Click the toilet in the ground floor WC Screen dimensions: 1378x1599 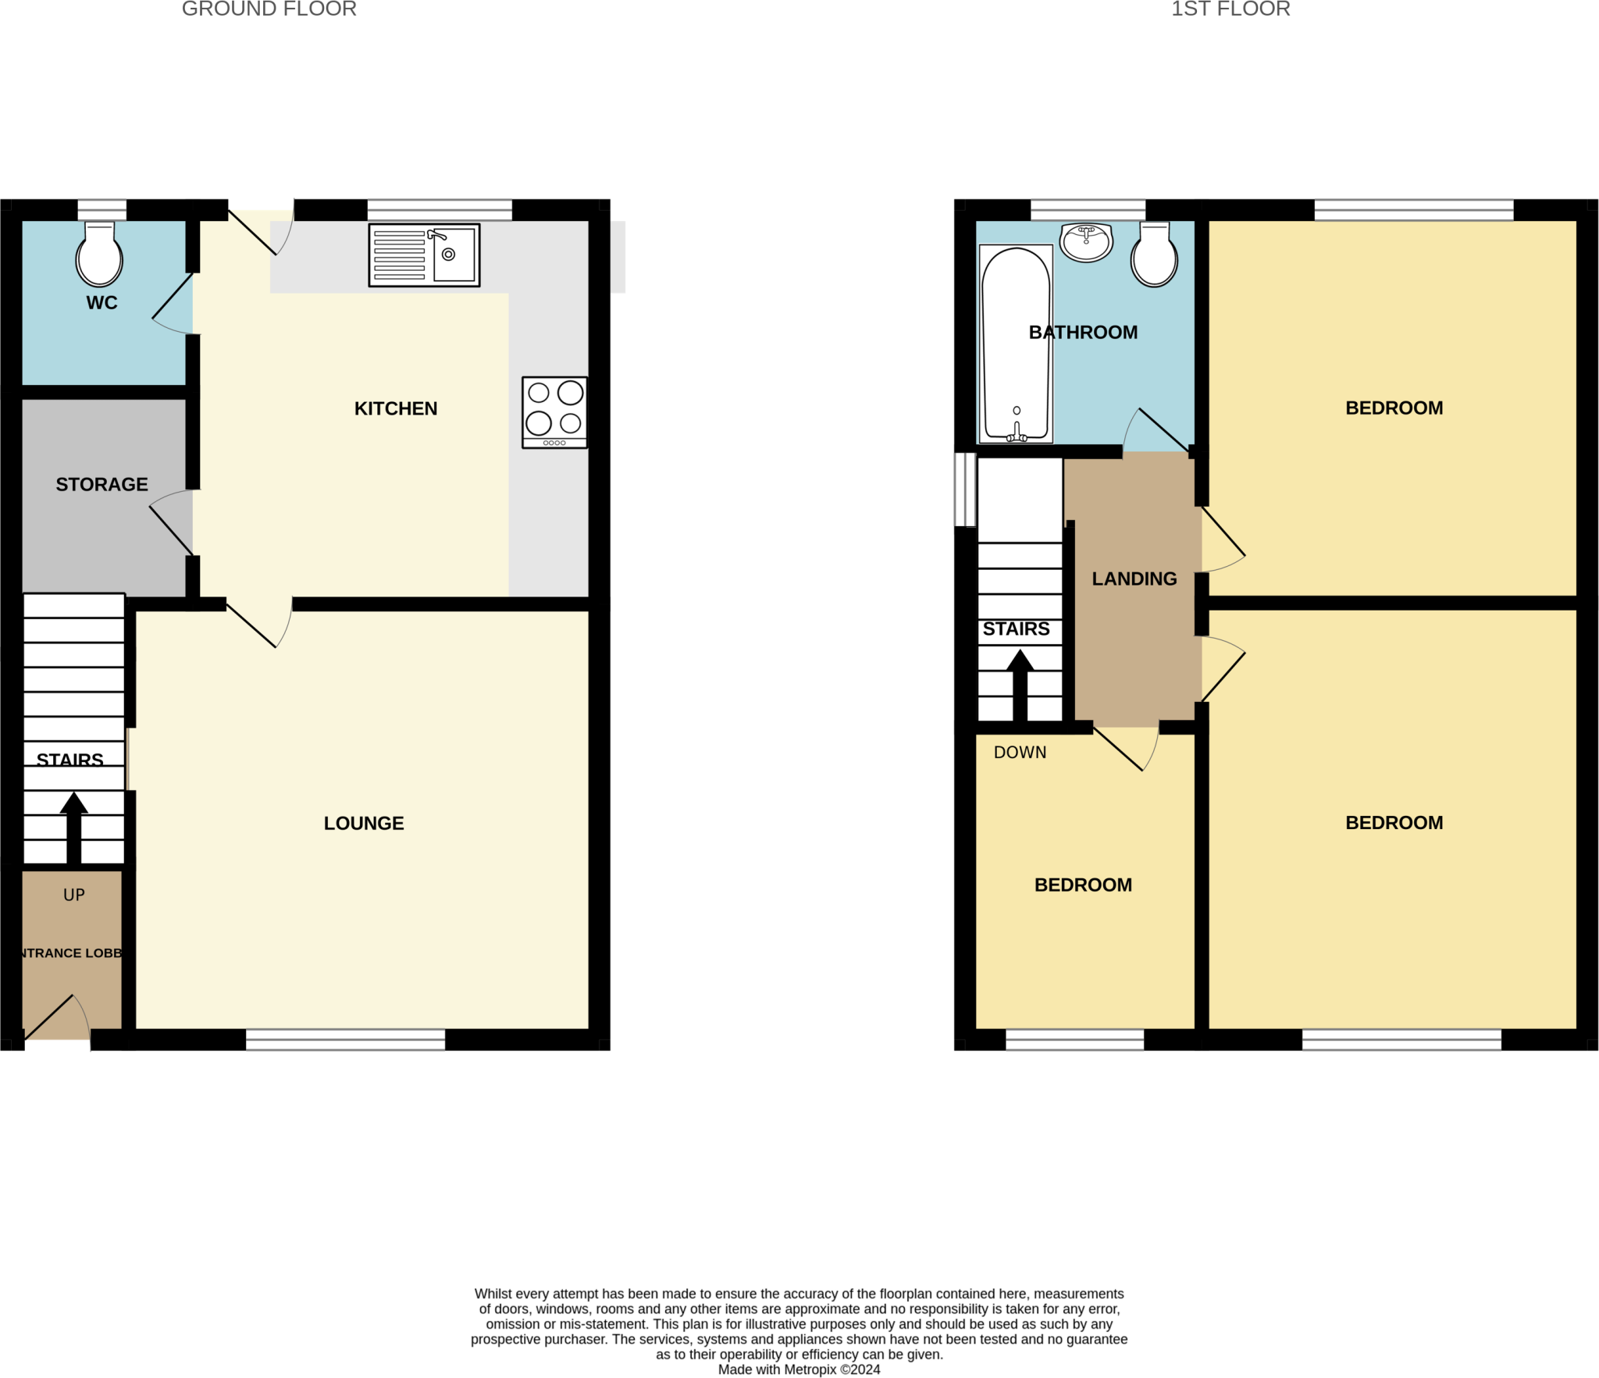coord(99,255)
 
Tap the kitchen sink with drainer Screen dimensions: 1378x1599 coord(424,255)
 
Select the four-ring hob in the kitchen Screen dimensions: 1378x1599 coord(554,411)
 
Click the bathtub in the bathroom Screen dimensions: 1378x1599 coord(1016,344)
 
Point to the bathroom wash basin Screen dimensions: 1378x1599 coord(1086,241)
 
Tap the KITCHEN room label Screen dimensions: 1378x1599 coord(396,408)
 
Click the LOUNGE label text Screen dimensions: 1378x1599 coord(364,823)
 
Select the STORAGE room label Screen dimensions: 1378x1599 coord(102,484)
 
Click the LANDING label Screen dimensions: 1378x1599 coord(1134,579)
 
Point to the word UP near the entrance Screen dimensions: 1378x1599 coord(74,895)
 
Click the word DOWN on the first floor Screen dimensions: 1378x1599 coord(1020,752)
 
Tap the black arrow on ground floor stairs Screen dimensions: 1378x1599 coord(74,828)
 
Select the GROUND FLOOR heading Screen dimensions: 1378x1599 coord(269,9)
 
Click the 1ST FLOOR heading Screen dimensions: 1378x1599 coord(1230,9)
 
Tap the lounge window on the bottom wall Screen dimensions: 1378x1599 coord(346,1039)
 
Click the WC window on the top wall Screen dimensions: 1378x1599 coord(102,210)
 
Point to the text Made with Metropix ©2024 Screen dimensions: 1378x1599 coord(799,1369)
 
